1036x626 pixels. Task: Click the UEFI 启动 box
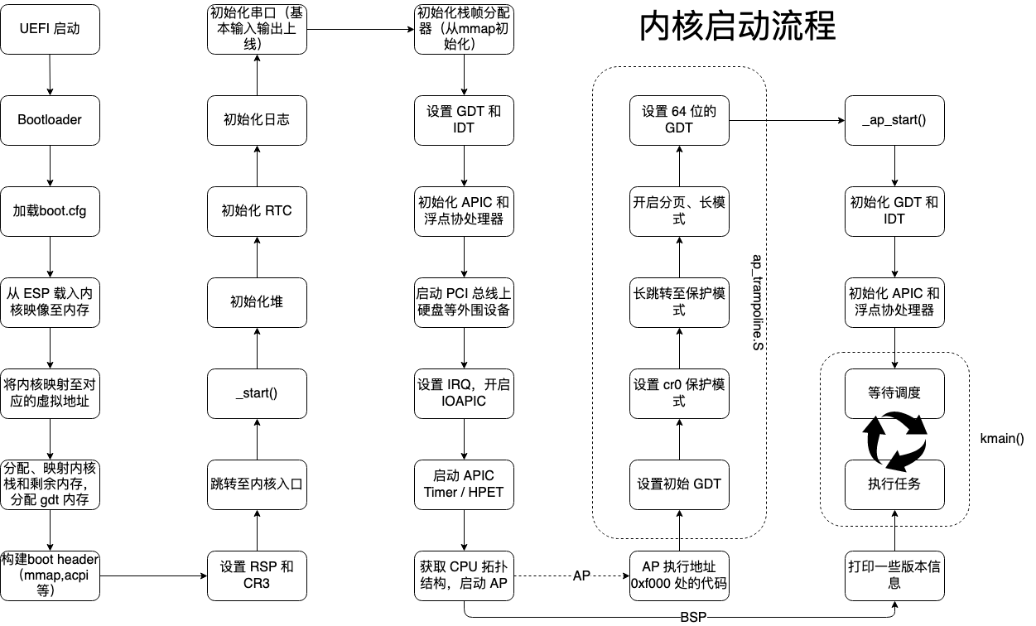51,29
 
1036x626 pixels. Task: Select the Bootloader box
51,119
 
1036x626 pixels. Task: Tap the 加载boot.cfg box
51,210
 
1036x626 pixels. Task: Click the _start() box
257,392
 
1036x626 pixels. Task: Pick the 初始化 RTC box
257,210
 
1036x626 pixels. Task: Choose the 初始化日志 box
257,119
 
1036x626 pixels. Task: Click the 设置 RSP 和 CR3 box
257,575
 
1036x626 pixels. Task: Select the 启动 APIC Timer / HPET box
464,484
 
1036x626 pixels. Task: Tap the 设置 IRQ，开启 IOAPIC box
464,392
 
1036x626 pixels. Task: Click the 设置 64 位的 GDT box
679,119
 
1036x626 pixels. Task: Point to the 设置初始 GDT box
679,484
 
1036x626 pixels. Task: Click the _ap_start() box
894,119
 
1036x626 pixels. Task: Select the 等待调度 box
894,392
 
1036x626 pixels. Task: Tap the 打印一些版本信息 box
894,575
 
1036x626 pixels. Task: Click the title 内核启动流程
738,27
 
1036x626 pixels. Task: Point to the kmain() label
1002,438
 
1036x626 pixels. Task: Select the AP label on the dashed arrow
581,575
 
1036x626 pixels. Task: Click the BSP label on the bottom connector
692,618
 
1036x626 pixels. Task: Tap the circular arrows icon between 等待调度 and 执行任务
896,439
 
